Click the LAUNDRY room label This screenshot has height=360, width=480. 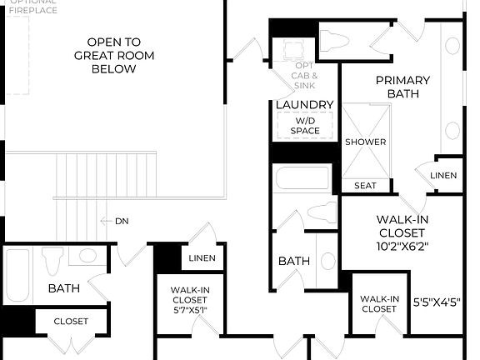click(x=305, y=105)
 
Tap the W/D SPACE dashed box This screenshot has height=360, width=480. click(x=305, y=125)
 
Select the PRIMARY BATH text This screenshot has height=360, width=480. click(x=402, y=87)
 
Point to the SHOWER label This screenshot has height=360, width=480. click(x=366, y=142)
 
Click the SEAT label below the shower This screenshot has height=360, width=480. click(x=365, y=185)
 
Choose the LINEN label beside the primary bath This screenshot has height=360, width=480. click(x=443, y=175)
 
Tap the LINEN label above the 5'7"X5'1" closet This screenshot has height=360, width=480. click(x=202, y=258)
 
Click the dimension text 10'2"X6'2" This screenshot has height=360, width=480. click(x=379, y=247)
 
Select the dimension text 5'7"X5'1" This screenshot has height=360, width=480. click(x=189, y=310)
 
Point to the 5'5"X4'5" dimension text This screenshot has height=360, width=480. click(x=437, y=303)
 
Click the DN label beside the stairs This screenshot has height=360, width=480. click(x=122, y=221)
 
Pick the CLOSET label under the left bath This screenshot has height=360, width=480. click(x=71, y=321)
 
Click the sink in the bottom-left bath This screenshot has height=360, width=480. click(x=87, y=257)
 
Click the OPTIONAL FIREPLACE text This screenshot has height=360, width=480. click(x=32, y=7)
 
